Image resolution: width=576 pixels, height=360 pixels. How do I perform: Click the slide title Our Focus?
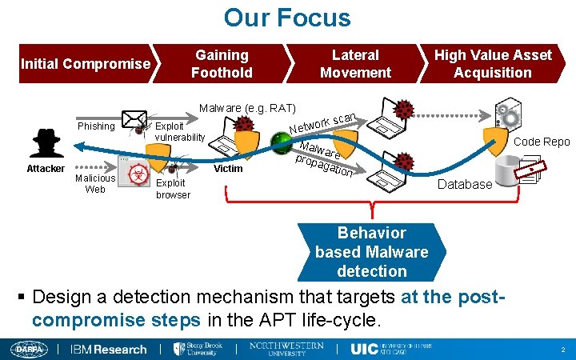click(287, 18)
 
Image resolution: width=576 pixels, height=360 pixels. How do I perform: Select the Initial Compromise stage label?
click(86, 63)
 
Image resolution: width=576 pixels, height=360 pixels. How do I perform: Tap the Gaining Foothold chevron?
click(222, 64)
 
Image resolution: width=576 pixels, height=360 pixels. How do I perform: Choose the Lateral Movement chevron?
click(355, 64)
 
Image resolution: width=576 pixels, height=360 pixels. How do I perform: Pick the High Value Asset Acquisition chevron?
click(493, 64)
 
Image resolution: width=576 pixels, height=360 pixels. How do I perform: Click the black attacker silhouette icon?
click(46, 142)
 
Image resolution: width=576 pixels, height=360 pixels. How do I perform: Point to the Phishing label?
click(96, 126)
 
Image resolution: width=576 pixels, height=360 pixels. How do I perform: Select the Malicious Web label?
click(95, 183)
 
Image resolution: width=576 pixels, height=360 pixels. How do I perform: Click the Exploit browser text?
click(173, 189)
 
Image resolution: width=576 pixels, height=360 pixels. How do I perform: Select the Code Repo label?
click(542, 142)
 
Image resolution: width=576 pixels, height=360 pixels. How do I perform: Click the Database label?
click(466, 184)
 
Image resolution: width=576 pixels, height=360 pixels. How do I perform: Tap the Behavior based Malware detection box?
click(372, 252)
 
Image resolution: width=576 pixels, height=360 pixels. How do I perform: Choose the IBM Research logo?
click(109, 349)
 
